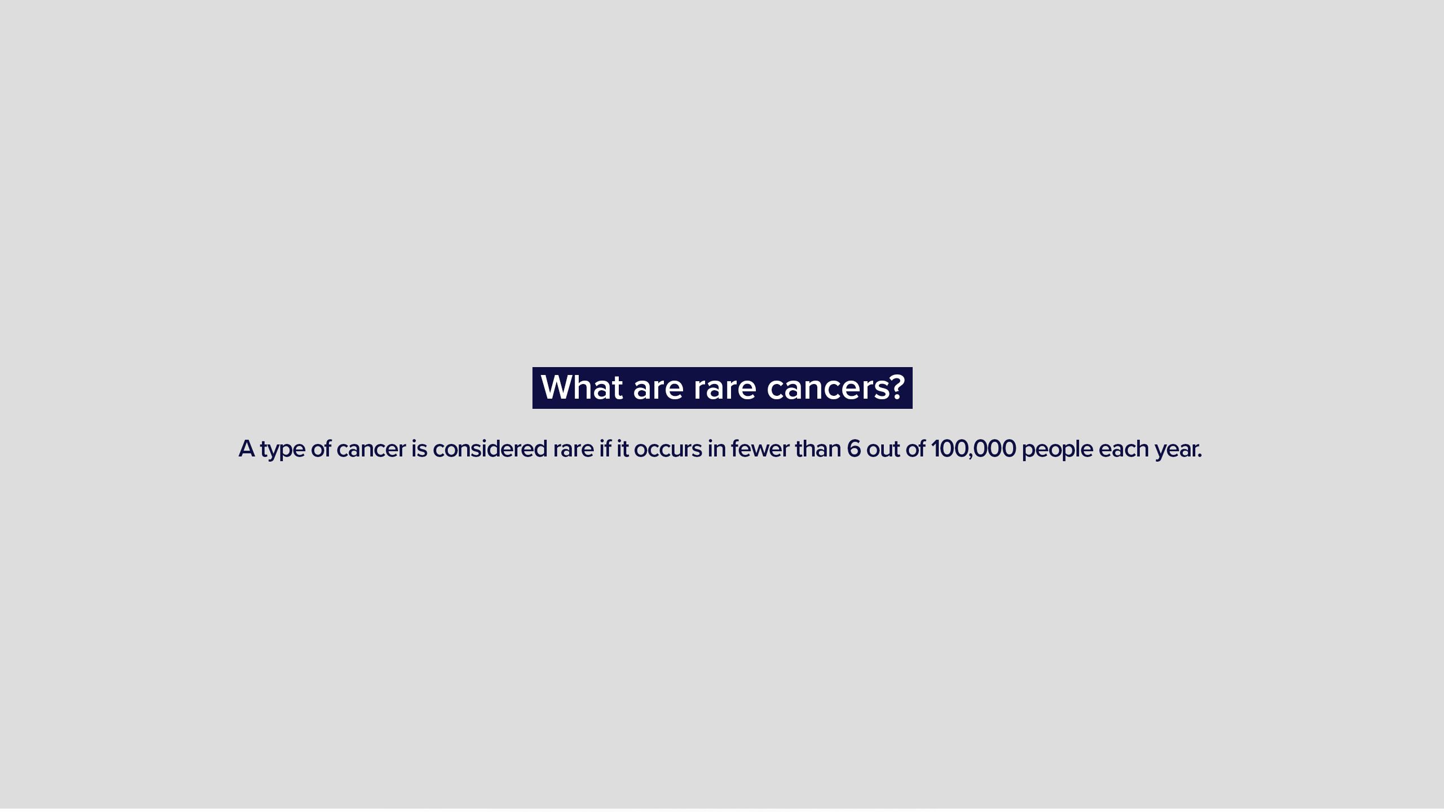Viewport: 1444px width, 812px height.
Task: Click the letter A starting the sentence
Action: [246, 449]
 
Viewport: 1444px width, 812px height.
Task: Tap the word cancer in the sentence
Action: [371, 450]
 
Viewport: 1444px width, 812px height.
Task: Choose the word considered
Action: [490, 449]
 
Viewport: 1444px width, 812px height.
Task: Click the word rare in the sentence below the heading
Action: [573, 450]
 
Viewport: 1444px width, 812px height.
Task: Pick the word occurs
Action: [668, 450]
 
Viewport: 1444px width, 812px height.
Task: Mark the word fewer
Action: [760, 449]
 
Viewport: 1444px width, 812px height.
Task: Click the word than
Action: [818, 449]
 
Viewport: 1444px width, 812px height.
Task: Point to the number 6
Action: [854, 449]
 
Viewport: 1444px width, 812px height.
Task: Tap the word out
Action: [883, 449]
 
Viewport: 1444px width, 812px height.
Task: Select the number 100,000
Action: [974, 449]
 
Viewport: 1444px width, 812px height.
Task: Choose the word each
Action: [1124, 449]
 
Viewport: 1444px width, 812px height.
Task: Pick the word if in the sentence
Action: [605, 448]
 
